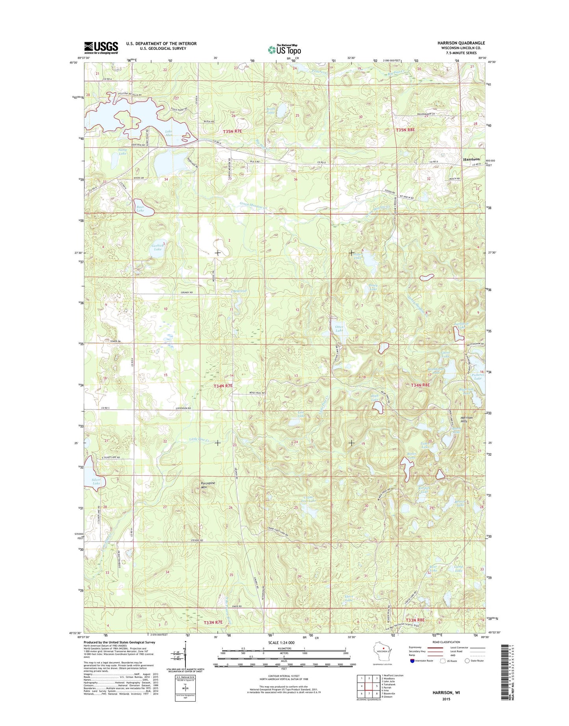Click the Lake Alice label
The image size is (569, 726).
168,133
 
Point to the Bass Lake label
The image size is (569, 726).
140,208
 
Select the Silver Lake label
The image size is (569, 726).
96,481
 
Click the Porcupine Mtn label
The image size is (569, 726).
208,485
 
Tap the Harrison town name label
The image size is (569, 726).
471,159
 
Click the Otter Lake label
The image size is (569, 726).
339,329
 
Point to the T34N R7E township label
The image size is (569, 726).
223,386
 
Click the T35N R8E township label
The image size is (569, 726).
405,130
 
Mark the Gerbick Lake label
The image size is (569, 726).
158,247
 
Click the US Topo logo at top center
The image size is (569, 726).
284,49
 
